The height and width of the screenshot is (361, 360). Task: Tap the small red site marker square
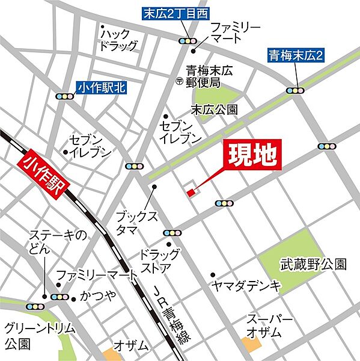tap(191, 193)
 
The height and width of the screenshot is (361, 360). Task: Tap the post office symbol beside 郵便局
tap(178, 81)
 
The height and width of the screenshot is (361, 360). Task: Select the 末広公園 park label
tap(214, 110)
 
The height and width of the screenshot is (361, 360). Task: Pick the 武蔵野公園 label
tap(313, 264)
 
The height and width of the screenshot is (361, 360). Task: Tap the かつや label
tap(93, 298)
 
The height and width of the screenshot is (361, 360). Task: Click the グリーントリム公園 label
tap(30, 336)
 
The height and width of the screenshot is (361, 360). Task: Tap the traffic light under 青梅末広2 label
tap(295, 91)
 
